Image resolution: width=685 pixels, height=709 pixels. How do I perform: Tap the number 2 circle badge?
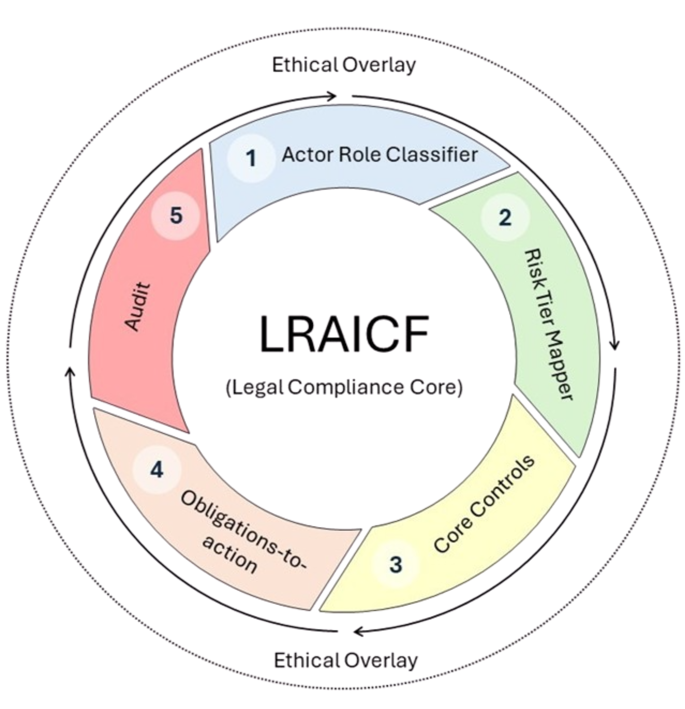pos(505,217)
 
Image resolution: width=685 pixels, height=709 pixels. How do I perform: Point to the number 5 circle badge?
pos(176,216)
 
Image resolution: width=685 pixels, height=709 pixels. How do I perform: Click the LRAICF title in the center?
pos(344,334)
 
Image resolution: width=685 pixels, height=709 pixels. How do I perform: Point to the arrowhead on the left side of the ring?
pos(69,371)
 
